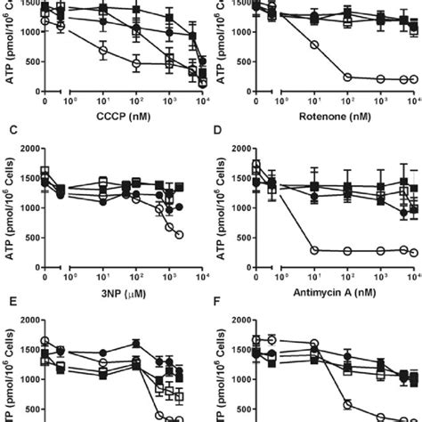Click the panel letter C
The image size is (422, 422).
pyautogui.click(x=8, y=133)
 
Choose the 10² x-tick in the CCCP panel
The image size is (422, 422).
pyautogui.click(x=136, y=101)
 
